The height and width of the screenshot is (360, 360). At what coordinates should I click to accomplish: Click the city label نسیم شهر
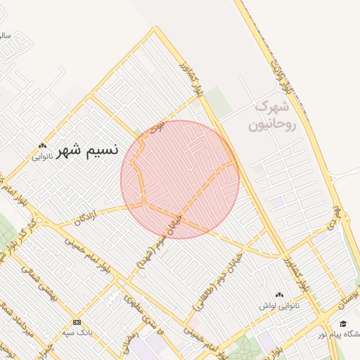click(x=87, y=150)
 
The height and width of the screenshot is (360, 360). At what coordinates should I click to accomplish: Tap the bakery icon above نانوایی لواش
click(x=281, y=295)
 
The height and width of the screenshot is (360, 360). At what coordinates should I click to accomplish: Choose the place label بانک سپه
click(x=77, y=332)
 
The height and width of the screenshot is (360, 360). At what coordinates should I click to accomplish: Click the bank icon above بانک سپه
click(x=77, y=321)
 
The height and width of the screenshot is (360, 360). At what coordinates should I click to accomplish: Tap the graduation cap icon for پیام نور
click(x=342, y=324)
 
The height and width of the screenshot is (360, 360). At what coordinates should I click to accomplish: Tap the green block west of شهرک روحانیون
click(x=220, y=103)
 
